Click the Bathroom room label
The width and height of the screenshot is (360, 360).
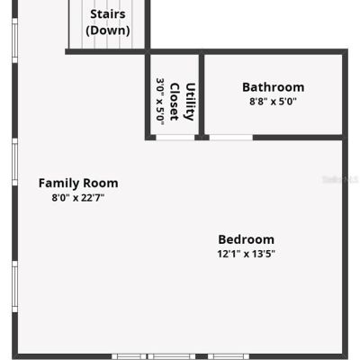point(274,87)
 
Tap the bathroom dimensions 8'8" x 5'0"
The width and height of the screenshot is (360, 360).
point(273,102)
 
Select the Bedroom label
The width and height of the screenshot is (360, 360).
point(246,239)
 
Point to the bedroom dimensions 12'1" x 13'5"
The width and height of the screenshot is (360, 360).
point(246,254)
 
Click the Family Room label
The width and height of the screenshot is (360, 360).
point(78,183)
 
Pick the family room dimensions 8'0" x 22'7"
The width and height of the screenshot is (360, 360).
point(78,198)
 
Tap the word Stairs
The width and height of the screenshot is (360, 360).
point(108,14)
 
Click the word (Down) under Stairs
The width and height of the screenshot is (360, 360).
point(108,31)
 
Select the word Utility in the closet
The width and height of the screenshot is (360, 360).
point(190,102)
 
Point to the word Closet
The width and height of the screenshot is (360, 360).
point(175,102)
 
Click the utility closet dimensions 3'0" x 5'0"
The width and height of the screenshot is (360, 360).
point(160,102)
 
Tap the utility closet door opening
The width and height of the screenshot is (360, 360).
point(175,138)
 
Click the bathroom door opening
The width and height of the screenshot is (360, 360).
point(231,138)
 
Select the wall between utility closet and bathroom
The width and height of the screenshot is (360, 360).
point(202,94)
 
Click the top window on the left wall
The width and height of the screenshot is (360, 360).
point(14,40)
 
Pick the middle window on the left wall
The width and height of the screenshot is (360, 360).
point(14,162)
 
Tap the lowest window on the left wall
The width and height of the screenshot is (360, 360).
point(14,286)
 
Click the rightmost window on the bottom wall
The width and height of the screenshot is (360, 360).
point(229,356)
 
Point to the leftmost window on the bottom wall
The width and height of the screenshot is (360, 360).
point(129,356)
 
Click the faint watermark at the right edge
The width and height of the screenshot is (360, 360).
point(340,180)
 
